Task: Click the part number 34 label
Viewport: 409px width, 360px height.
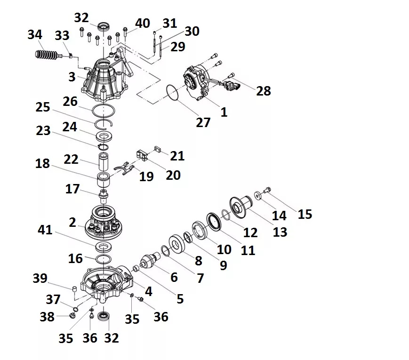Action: [x=34, y=34]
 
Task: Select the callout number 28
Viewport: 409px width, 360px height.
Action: [x=263, y=90]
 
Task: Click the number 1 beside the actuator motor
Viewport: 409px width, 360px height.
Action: [x=224, y=112]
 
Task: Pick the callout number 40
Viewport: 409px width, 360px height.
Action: [x=143, y=24]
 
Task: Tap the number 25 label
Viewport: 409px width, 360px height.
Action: [x=43, y=107]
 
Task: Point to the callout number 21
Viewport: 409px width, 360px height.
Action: [x=177, y=155]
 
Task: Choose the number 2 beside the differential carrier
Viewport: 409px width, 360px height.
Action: [x=72, y=223]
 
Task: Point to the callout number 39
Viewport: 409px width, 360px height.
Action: [x=40, y=278]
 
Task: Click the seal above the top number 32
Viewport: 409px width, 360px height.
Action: [x=104, y=26]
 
